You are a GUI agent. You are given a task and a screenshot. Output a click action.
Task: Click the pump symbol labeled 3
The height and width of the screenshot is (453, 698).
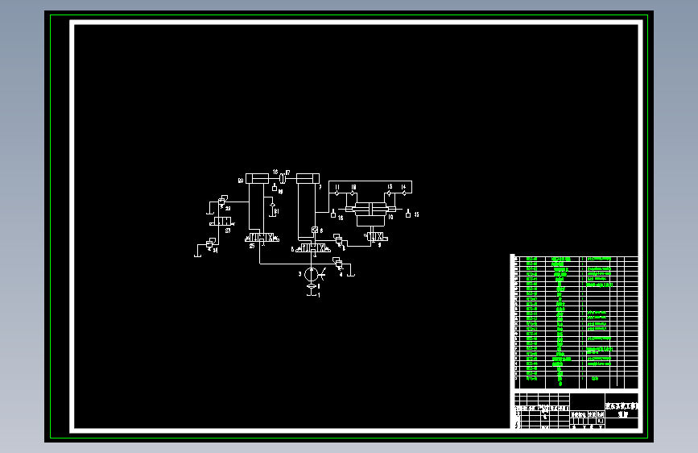click(x=312, y=274)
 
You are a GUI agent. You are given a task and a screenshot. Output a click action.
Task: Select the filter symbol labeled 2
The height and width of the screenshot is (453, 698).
click(x=312, y=287)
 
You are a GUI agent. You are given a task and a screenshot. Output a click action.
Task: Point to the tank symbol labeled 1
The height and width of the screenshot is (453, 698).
click(x=312, y=295)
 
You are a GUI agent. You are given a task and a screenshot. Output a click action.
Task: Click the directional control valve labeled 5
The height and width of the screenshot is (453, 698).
click(x=312, y=249)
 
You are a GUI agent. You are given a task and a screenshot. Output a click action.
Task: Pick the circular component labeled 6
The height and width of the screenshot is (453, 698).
click(x=312, y=231)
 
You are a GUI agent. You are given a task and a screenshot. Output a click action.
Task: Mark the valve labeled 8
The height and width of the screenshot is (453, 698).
click(x=338, y=240)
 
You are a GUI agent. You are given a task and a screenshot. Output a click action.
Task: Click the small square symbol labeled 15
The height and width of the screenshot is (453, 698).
click(x=408, y=214)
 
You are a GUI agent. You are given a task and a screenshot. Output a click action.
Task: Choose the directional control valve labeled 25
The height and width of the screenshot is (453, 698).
click(x=262, y=239)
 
